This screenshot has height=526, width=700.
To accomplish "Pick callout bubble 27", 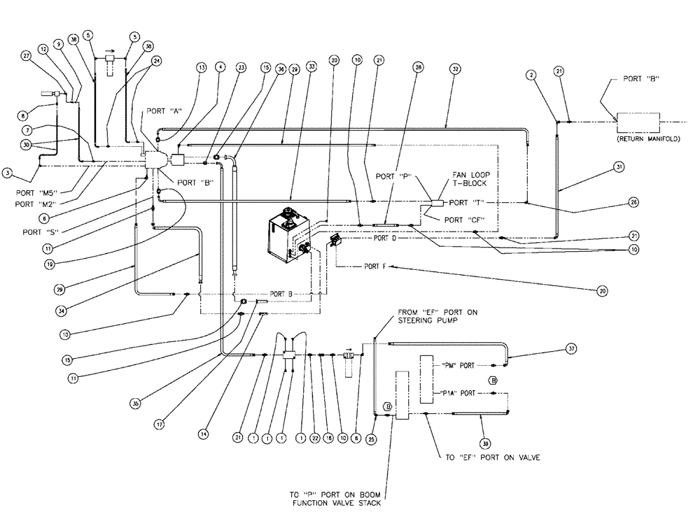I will (27, 58).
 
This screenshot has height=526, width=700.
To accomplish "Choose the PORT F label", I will (378, 266).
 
